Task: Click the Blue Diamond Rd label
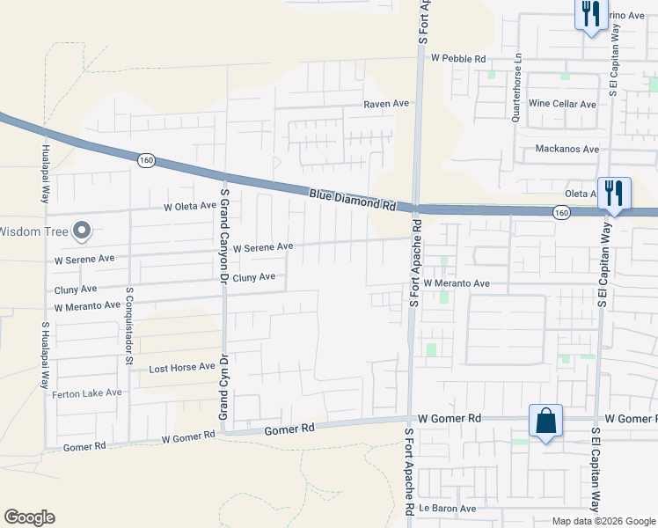(x=352, y=198)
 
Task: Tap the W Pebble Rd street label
(x=458, y=58)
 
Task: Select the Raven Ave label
(x=387, y=103)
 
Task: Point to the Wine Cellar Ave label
(x=563, y=104)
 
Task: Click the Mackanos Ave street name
(x=567, y=149)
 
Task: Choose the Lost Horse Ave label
(x=182, y=367)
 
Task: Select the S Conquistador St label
(x=129, y=325)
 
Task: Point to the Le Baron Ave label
(x=448, y=509)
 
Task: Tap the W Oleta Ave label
(x=189, y=207)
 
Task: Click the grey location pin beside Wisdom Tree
(x=82, y=231)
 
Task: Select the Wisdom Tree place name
(x=33, y=232)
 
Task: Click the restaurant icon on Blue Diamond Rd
(x=614, y=194)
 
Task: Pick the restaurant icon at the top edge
(x=590, y=14)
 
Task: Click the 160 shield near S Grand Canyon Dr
(x=146, y=160)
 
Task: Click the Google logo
(x=29, y=517)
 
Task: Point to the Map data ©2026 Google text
(x=603, y=521)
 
